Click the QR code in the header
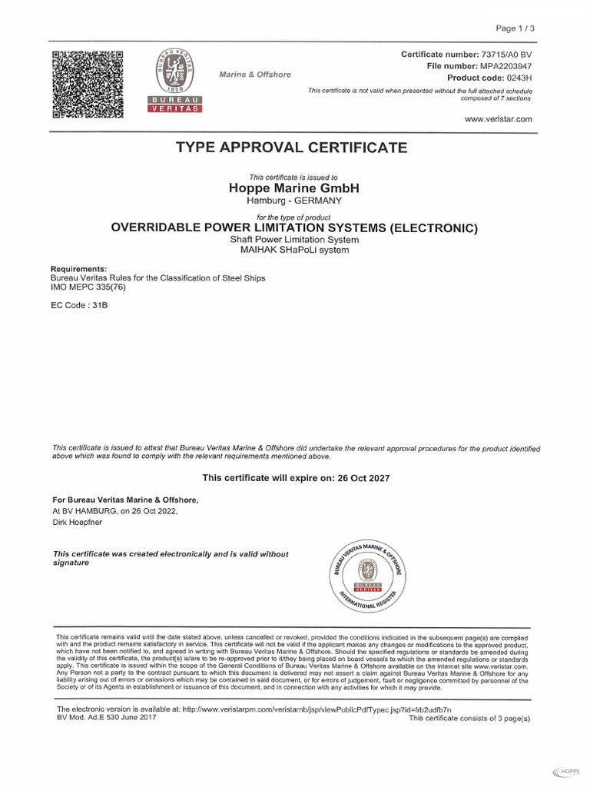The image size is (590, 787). point(88,85)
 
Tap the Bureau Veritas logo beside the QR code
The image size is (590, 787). point(174,81)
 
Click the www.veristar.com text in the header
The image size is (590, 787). point(499,119)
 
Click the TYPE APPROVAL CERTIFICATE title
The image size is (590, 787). point(292,148)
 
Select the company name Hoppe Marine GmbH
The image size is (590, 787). point(294,188)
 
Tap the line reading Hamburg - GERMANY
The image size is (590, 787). point(294,201)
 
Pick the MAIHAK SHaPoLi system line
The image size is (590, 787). point(294,250)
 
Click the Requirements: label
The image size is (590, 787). point(78,269)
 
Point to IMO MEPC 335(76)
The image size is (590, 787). point(88,287)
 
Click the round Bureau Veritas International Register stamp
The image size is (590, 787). point(369,573)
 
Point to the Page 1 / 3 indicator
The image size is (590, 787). point(515,28)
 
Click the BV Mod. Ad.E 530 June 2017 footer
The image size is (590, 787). point(107,716)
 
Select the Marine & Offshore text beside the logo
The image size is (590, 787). point(255,75)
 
